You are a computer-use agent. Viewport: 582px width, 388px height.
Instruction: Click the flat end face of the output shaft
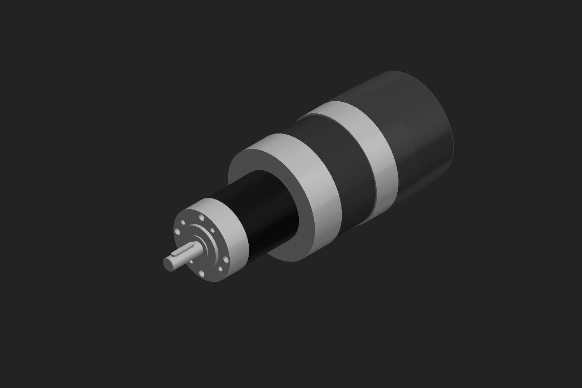168,265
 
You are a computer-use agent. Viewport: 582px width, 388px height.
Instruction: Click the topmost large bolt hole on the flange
201,217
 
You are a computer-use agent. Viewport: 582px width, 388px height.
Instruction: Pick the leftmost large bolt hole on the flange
177,232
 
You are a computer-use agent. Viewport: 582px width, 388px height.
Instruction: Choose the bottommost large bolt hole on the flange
201,274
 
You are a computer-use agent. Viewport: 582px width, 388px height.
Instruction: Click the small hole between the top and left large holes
183,222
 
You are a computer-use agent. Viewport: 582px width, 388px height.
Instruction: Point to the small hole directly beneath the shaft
191,262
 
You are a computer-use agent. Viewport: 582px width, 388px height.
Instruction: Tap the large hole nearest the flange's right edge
226,260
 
